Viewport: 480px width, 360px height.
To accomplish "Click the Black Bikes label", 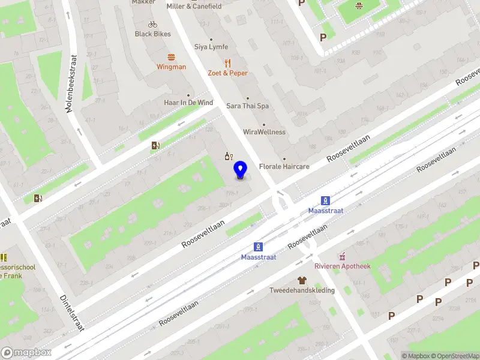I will (152, 34).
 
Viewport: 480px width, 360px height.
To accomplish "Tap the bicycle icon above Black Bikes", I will (152, 25).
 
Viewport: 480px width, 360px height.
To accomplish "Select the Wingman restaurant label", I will (172, 67).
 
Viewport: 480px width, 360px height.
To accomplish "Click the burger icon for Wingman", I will (172, 58).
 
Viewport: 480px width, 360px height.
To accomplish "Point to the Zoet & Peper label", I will (227, 73).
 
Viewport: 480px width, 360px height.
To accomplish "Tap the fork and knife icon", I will (227, 62).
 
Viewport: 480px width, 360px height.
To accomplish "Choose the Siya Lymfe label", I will (211, 47).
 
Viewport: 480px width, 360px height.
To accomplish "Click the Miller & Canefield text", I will (194, 7).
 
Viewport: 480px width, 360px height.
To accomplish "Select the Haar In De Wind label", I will (188, 103).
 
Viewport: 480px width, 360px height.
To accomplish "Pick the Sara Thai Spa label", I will (247, 106).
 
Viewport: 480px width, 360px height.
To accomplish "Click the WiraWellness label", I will (264, 132).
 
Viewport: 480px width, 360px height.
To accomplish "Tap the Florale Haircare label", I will (284, 166).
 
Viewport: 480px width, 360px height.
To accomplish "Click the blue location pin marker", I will (241, 170).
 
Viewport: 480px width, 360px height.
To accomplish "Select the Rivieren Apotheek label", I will (343, 266).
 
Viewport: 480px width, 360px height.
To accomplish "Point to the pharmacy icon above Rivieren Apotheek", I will (343, 256).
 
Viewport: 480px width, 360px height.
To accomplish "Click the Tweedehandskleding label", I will (302, 290).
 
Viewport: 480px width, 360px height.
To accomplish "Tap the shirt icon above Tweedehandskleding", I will (302, 280).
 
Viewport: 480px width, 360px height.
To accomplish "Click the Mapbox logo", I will (26, 353).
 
